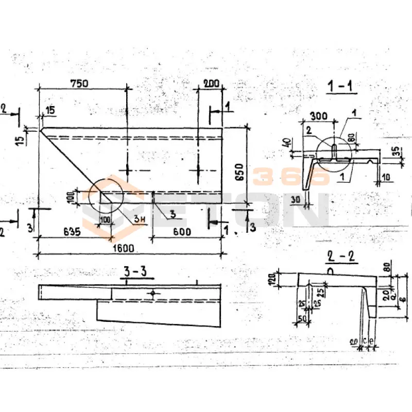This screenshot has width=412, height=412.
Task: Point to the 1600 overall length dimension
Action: [x=123, y=248]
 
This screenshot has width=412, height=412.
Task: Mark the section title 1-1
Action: [x=340, y=87]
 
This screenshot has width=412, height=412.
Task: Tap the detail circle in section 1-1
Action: [x=334, y=151]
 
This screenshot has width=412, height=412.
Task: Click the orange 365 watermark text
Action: [x=290, y=176]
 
